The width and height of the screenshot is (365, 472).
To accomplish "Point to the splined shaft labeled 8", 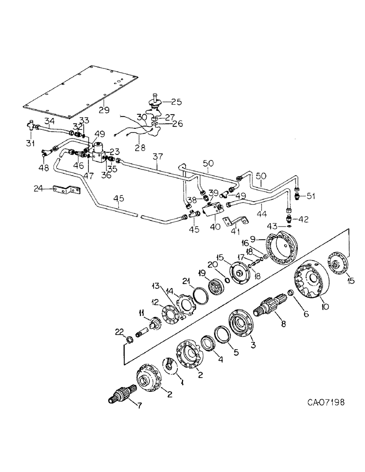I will click(268, 310).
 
